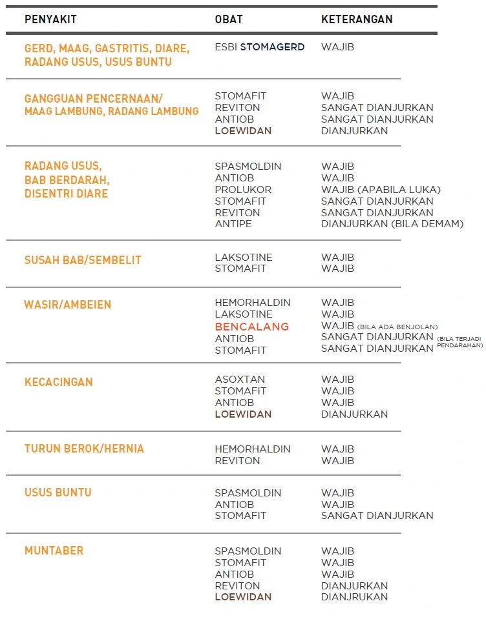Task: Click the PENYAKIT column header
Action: point(50,19)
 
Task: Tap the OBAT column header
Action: point(229,19)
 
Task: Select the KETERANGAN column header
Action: point(357,19)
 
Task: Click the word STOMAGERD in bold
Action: point(272,47)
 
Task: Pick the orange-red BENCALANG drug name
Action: point(252,327)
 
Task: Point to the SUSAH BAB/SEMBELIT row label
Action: point(83,260)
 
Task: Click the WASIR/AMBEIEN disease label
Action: point(68,305)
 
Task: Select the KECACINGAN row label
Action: point(59,382)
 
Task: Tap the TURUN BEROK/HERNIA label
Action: point(84,449)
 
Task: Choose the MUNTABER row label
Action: point(54,551)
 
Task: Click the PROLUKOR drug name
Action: point(243,190)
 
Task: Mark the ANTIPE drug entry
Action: point(233,224)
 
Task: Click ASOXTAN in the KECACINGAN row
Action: point(240,380)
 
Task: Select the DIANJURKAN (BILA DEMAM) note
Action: point(392,224)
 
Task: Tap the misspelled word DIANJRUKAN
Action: point(354,597)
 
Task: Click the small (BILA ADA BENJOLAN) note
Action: point(397,327)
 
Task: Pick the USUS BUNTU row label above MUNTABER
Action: point(58,493)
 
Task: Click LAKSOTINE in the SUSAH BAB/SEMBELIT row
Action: point(244,257)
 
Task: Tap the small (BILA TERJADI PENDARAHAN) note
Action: point(460,341)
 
